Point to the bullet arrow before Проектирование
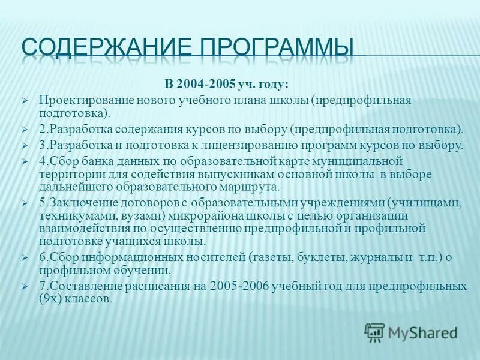[25, 100]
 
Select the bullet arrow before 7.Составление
[25, 287]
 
